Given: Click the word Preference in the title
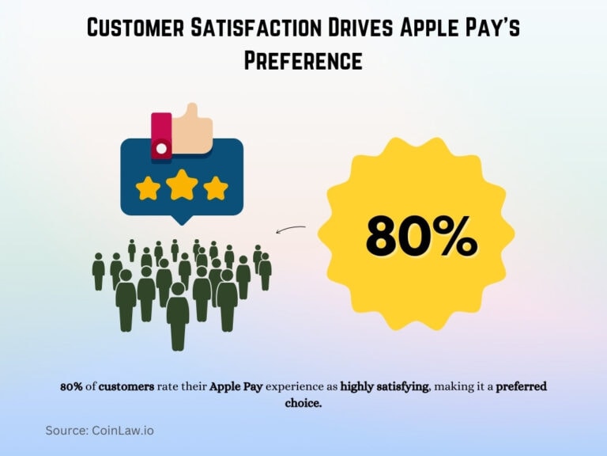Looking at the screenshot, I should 303,60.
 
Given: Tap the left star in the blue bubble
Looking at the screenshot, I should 148,188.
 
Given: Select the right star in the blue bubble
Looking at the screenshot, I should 215,188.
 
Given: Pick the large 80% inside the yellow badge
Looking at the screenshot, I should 420,236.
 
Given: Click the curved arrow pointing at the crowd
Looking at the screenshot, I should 290,229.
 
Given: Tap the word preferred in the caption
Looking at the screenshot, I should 522,387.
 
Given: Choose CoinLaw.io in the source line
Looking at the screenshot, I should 126,431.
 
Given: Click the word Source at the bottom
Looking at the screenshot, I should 66,431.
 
